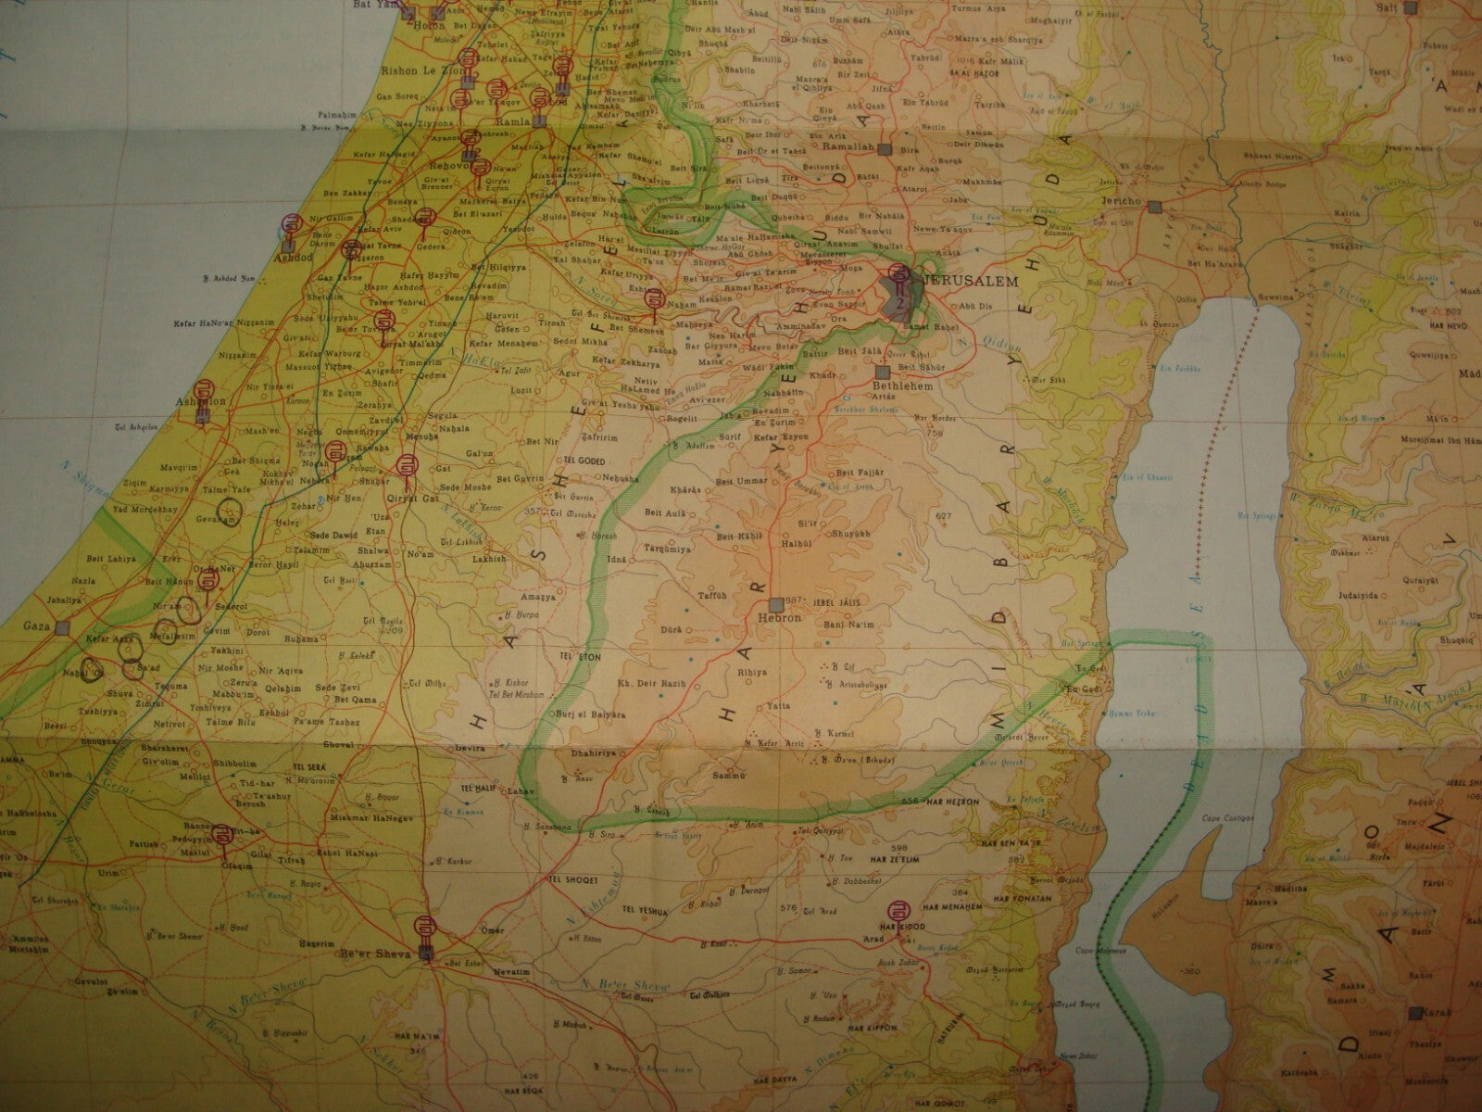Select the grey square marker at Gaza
pos(62,627)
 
